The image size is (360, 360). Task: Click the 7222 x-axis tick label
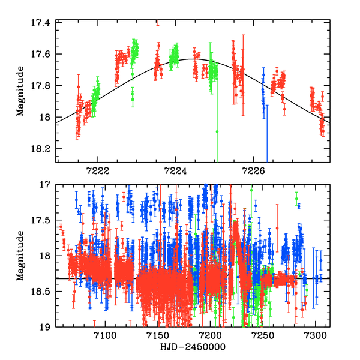[98, 170]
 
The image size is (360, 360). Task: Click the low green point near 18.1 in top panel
[217, 131]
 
